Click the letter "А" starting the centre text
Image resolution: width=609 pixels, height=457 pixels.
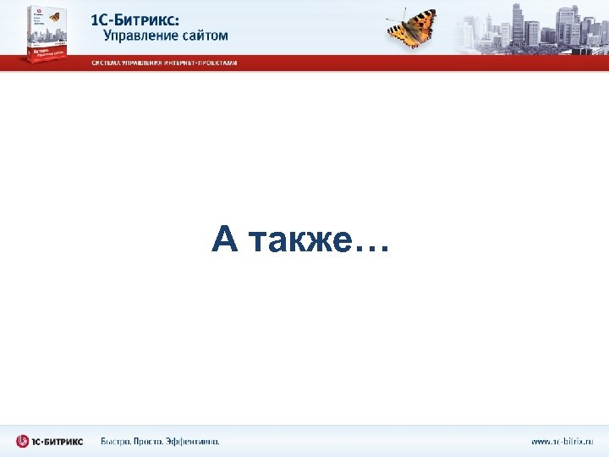click(224, 240)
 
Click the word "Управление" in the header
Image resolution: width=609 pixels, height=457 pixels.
click(140, 36)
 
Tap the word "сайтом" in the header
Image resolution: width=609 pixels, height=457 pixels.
click(204, 36)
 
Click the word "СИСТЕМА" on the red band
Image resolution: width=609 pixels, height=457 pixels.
click(107, 63)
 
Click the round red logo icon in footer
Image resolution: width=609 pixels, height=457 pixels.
click(23, 441)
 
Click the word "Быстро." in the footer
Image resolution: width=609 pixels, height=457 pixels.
click(117, 441)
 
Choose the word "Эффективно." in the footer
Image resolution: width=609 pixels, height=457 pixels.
click(196, 441)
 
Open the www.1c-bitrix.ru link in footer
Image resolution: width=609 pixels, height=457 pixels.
click(562, 441)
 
